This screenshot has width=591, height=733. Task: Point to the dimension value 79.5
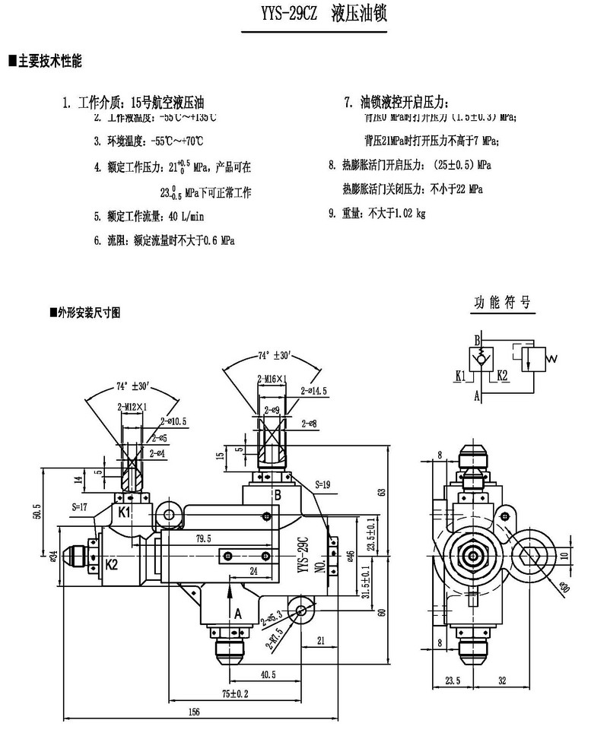click(202, 538)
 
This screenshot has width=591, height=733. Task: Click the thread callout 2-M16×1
click(271, 378)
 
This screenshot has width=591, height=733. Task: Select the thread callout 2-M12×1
click(132, 407)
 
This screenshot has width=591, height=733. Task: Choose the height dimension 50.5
click(35, 512)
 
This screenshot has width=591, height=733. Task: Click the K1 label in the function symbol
click(460, 375)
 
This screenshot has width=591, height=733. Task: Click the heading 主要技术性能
click(49, 59)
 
